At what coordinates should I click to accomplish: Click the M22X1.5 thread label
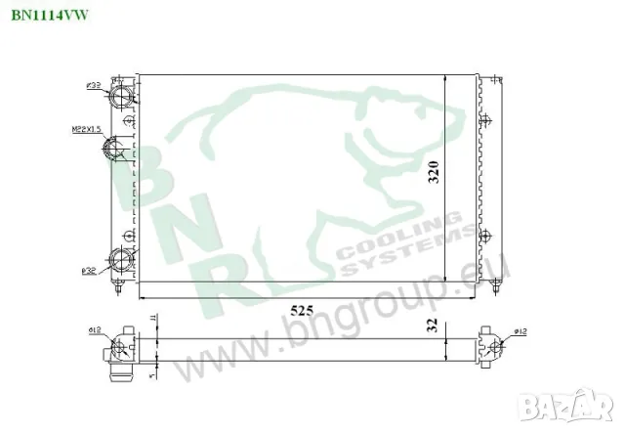click(87, 128)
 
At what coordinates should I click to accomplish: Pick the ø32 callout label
click(89, 270)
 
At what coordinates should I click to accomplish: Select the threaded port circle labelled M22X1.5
click(112, 149)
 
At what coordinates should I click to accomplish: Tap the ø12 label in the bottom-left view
click(96, 330)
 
